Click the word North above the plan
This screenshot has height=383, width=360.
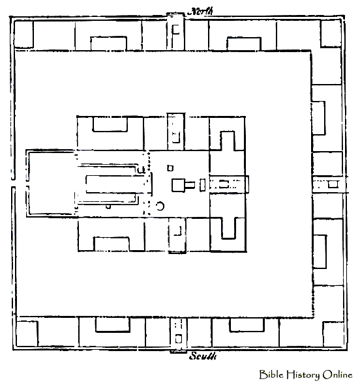tap(200, 11)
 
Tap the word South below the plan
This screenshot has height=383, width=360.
tap(203, 356)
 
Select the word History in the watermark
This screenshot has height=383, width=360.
tap(303, 375)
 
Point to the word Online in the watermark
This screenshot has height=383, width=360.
tap(337, 375)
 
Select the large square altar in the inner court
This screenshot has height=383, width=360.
tap(178, 185)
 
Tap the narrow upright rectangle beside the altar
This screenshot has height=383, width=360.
tap(202, 185)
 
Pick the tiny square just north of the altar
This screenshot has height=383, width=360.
tap(170, 168)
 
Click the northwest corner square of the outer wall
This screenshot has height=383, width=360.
tap(23, 34)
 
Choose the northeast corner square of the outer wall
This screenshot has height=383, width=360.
tap(331, 34)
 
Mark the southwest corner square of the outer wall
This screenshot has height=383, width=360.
tap(27, 333)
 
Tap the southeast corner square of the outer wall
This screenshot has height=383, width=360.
tap(334, 334)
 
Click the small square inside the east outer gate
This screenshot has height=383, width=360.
tap(333, 184)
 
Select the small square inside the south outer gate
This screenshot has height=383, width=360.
tap(178, 339)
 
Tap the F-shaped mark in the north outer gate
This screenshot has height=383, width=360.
tap(175, 30)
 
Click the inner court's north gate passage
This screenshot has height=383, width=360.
tap(176, 132)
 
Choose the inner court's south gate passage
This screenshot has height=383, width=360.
tap(177, 235)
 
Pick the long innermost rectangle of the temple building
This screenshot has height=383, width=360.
tap(111, 184)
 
